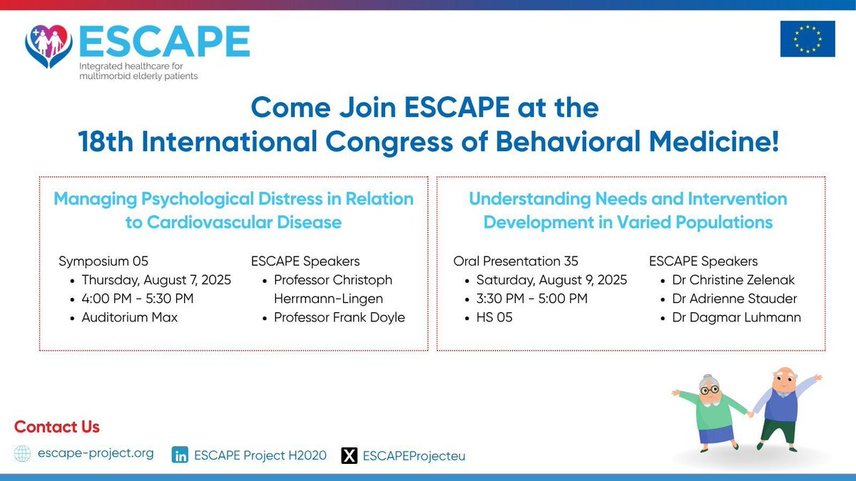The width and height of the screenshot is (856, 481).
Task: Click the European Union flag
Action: point(807,38)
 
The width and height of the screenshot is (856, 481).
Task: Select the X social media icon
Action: point(349,455)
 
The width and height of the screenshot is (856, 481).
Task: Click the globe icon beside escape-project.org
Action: point(23,454)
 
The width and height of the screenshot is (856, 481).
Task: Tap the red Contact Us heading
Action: point(57,427)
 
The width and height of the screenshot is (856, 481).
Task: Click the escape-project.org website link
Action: point(95,453)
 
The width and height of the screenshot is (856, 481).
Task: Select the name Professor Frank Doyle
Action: point(339,317)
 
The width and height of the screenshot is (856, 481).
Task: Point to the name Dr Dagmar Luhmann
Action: point(736,317)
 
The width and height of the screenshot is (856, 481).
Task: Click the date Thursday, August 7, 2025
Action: point(156,280)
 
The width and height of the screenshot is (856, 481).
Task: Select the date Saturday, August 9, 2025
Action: point(551,280)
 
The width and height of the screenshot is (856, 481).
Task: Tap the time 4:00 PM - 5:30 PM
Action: point(138,299)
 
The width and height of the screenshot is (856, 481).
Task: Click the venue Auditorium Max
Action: point(129,317)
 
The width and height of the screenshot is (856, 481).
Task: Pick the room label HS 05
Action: point(494,317)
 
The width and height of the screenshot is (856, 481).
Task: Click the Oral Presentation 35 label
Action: point(516,262)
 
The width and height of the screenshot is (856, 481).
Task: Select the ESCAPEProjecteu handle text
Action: point(414,455)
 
